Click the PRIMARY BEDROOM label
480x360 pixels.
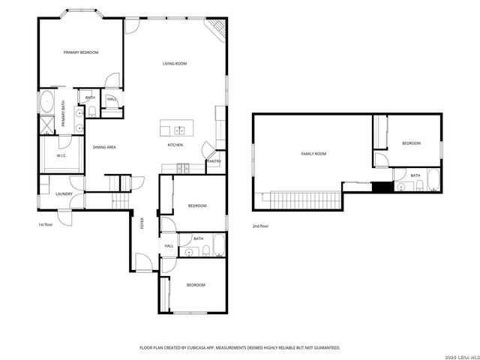click(x=81, y=52)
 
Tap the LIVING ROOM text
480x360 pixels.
click(x=175, y=64)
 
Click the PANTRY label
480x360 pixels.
click(x=214, y=161)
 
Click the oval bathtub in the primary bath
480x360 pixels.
click(x=46, y=101)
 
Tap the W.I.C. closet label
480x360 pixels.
click(x=61, y=156)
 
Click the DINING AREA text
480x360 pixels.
click(x=104, y=147)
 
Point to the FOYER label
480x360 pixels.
click(x=141, y=222)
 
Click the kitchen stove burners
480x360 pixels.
click(x=181, y=166)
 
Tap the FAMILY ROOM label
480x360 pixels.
click(x=313, y=154)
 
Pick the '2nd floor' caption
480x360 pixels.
click(x=260, y=226)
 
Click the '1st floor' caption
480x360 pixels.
click(x=46, y=224)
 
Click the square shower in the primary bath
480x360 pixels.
click(x=46, y=125)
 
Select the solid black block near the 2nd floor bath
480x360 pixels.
click(x=382, y=187)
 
